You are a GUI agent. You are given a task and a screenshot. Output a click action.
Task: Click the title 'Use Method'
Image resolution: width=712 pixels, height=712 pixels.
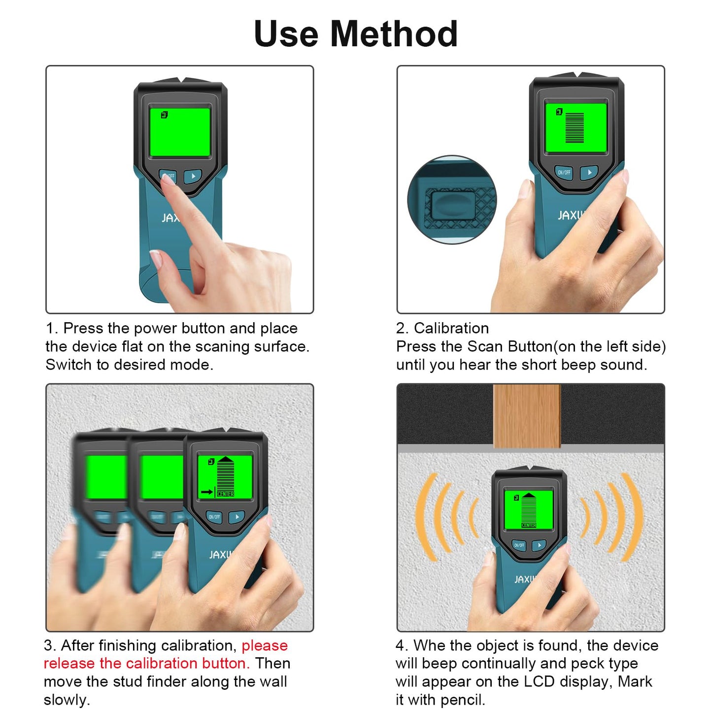[356, 34]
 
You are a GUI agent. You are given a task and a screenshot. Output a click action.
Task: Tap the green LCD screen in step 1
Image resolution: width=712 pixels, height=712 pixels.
[180, 132]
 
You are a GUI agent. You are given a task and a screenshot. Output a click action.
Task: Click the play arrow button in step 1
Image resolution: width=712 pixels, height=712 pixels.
[193, 176]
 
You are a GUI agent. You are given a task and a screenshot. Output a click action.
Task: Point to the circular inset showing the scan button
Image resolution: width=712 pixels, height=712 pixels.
[452, 200]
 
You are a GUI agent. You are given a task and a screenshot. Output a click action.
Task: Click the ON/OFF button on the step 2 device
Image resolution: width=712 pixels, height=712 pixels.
[564, 172]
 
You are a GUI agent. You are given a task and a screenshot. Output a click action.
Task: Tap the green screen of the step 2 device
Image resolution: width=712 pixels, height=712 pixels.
[576, 128]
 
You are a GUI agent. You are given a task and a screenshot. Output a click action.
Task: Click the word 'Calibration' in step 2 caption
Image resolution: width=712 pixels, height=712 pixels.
[451, 328]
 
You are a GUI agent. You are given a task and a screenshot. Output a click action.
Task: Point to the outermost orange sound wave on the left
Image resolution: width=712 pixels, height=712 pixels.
[425, 517]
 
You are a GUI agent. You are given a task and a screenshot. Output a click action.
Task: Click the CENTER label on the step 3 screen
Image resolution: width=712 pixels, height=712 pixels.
[226, 494]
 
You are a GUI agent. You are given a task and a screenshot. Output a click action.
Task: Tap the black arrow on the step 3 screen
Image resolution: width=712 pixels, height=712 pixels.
[207, 492]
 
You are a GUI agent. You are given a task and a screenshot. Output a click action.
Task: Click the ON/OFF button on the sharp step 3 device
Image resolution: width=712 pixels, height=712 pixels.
[214, 517]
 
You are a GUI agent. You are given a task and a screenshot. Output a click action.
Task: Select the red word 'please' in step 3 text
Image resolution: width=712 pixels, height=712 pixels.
[265, 645]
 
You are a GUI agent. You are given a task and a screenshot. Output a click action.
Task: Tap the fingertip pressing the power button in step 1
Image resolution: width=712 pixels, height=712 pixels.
[168, 179]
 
